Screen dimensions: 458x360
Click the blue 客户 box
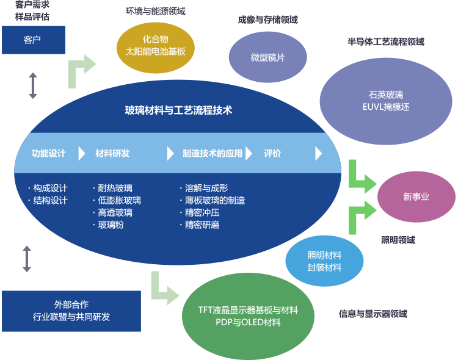[x=34, y=40]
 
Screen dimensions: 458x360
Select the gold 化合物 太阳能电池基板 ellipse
[x=155, y=48]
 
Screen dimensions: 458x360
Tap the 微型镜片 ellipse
[x=268, y=57]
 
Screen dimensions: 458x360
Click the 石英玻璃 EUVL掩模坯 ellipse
[x=386, y=101]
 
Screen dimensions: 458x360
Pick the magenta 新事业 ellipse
[x=416, y=197]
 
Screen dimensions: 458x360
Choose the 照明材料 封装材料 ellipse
[x=324, y=261]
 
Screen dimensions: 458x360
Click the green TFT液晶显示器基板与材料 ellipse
[x=248, y=316]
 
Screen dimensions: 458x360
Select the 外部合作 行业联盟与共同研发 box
[x=71, y=311]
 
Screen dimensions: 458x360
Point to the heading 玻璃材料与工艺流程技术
[x=178, y=110]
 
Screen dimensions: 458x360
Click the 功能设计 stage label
[x=48, y=153]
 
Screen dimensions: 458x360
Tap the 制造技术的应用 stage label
[x=213, y=153]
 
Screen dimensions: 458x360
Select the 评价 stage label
[x=272, y=153]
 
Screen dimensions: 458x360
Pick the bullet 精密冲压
[x=200, y=212]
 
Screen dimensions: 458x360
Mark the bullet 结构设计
[x=48, y=200]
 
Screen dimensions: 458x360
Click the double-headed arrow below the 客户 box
[x=33, y=85]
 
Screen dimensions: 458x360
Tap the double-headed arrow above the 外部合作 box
[x=27, y=259]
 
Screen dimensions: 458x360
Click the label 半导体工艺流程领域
[x=385, y=41]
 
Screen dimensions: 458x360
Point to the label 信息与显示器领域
[x=373, y=314]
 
